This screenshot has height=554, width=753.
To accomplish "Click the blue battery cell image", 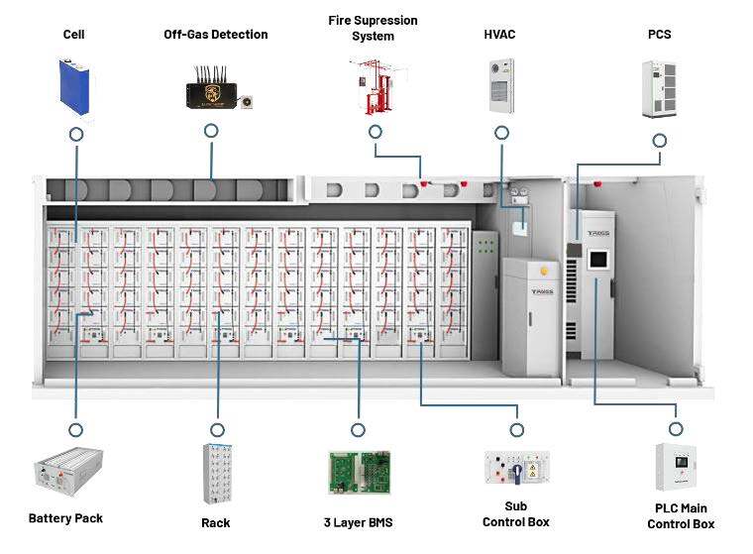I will (75, 88).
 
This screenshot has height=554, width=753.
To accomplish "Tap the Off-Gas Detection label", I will (215, 35).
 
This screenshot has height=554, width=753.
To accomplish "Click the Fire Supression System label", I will (373, 28).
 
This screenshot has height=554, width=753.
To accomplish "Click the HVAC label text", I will (499, 35).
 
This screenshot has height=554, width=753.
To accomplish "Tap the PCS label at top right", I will (659, 35).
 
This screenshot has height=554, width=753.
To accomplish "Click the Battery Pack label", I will (65, 518).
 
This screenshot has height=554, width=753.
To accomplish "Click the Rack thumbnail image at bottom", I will (216, 476).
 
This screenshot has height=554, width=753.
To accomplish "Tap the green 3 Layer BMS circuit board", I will (358, 473).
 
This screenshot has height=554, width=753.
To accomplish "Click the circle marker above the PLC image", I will (676, 429).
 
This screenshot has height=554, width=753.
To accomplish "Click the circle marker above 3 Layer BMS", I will (357, 429).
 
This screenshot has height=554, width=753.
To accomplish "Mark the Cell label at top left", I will (75, 35).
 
